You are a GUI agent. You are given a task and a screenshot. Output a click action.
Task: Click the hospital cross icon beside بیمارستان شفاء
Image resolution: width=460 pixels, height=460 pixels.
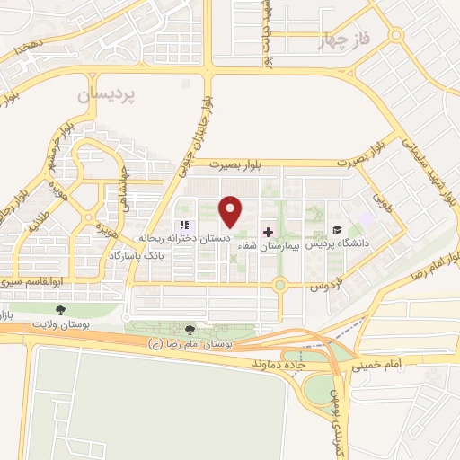click(267, 231)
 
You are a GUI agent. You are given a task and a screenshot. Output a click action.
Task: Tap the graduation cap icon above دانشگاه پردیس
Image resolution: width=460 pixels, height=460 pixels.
click(336, 230)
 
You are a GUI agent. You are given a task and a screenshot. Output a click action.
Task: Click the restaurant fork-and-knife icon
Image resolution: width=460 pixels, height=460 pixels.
click(183, 225)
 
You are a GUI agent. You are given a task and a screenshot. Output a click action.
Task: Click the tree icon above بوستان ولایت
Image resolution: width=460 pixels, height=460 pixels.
click(60, 310)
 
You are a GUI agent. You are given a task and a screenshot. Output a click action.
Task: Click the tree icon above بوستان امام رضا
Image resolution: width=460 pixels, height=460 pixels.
click(189, 331)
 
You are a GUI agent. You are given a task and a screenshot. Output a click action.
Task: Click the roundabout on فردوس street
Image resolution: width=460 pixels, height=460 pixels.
click(280, 287)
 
